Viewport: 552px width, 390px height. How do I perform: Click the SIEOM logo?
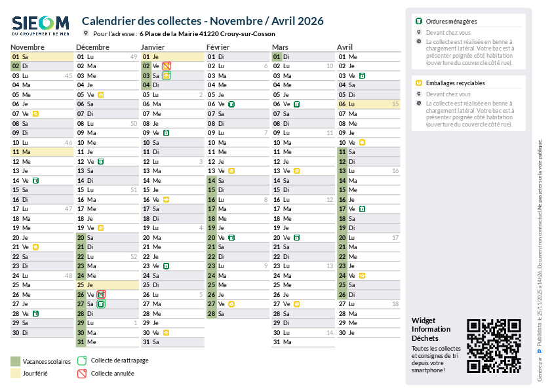41,26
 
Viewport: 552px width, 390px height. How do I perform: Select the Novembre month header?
28,47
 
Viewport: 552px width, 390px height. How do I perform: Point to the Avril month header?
345,47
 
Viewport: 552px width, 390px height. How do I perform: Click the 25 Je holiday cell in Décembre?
107,285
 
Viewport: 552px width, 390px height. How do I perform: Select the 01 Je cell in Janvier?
172,57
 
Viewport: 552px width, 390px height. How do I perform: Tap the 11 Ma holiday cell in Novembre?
41,152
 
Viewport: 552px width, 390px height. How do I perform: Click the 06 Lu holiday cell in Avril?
368,104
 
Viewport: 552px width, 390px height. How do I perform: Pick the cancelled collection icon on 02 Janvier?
167,66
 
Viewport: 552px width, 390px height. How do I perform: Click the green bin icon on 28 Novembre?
35,313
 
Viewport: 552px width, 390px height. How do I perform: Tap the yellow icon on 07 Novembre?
35,114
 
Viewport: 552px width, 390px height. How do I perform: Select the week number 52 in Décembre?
133,256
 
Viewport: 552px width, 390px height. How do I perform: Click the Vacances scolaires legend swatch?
16,361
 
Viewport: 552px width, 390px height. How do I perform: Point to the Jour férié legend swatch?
16,374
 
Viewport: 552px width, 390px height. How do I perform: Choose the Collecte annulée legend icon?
82,374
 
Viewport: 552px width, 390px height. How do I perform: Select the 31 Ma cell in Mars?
303,342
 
